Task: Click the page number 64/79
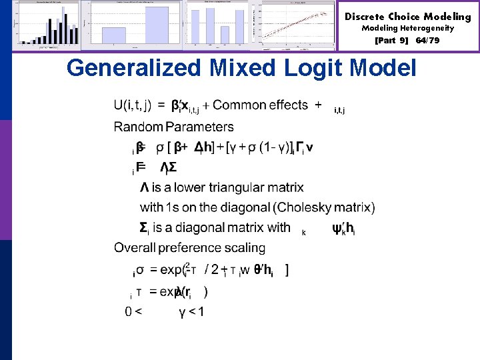pos(427,41)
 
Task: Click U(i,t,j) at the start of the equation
pos(133,105)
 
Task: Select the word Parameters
pos(199,127)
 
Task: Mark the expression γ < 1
pos(191,311)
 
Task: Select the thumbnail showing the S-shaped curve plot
pos(299,25)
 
